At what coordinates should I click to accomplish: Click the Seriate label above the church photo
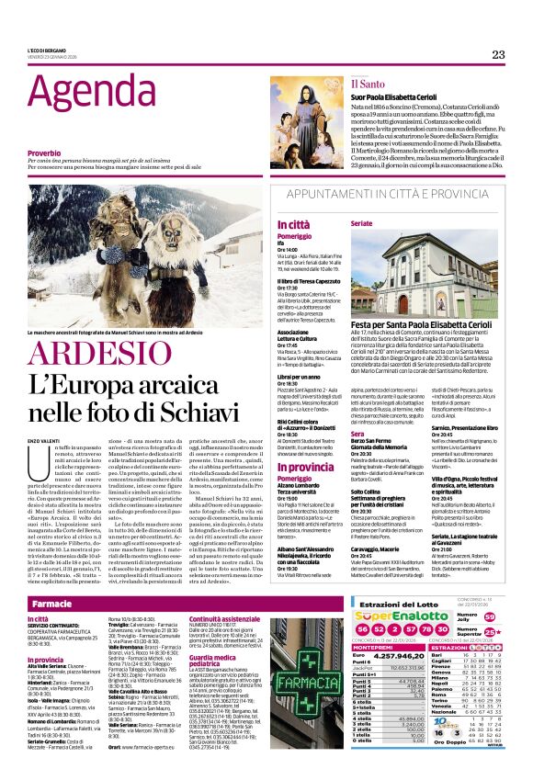pyautogui.click(x=361, y=223)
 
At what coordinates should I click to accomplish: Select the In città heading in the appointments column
pyautogui.click(x=293, y=224)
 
